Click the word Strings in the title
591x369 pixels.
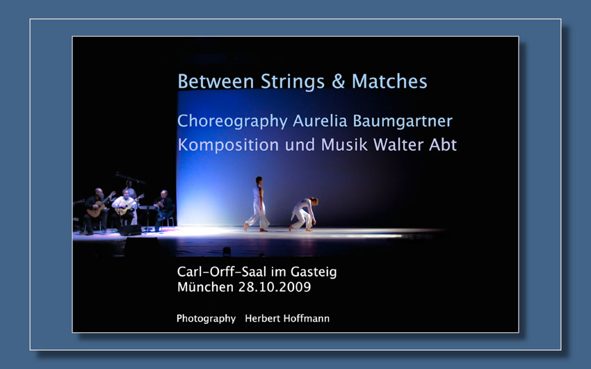[x=293, y=82]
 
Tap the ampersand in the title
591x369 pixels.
[x=338, y=81]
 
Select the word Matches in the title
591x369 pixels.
[x=389, y=81]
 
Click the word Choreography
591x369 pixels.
[x=232, y=121]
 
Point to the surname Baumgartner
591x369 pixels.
[x=403, y=121]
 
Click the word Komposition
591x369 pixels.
[x=228, y=145]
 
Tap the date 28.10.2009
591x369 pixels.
[x=275, y=287]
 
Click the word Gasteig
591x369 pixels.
[x=314, y=272]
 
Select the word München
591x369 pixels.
[x=205, y=287]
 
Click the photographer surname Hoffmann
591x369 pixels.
[x=306, y=318]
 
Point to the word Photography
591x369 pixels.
[x=207, y=319]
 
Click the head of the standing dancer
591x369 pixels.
[x=259, y=181]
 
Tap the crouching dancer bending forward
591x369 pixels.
[x=304, y=214]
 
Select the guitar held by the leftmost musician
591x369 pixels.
[x=99, y=206]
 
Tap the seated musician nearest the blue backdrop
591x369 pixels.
[x=163, y=209]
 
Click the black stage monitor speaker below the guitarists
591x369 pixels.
[x=130, y=230]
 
